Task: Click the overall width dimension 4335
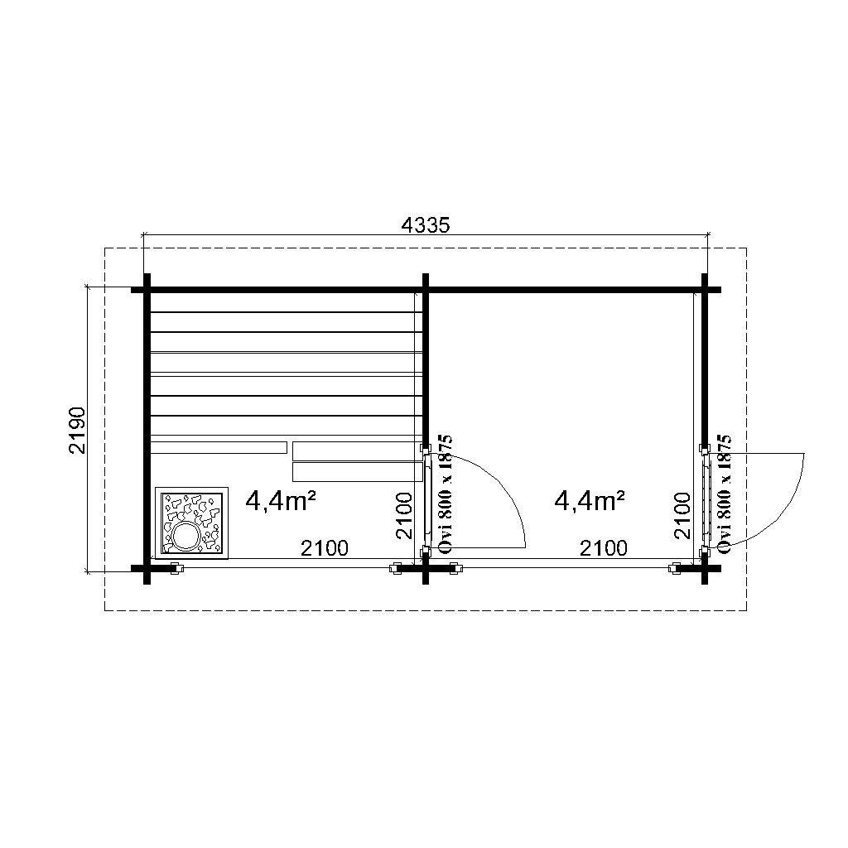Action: click(x=425, y=225)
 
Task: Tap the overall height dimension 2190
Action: click(x=77, y=431)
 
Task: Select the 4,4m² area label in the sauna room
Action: click(x=281, y=502)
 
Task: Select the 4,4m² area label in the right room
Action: click(x=590, y=502)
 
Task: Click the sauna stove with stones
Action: click(x=191, y=523)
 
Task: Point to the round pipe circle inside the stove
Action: click(x=185, y=536)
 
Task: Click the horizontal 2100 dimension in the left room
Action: click(x=325, y=548)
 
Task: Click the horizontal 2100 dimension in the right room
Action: click(x=604, y=548)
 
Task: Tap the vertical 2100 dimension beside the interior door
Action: click(x=404, y=515)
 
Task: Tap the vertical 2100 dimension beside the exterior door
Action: click(x=683, y=515)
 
